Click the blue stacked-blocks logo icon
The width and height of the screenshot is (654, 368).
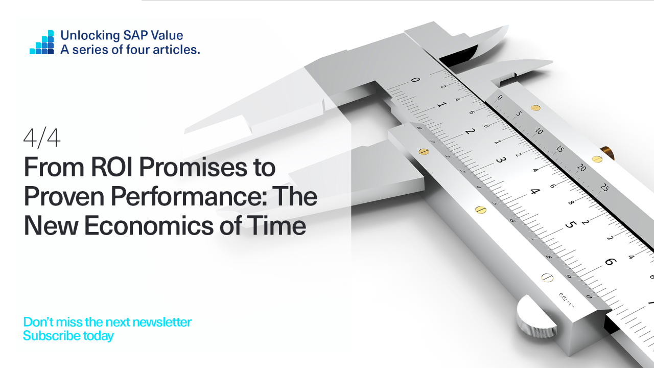tap(42, 42)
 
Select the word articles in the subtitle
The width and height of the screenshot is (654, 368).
tap(177, 50)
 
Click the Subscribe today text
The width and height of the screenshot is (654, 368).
tap(68, 336)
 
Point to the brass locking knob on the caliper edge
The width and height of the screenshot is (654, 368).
tap(608, 152)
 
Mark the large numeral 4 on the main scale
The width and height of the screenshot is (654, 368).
tap(535, 192)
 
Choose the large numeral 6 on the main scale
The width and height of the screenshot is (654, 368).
tap(610, 262)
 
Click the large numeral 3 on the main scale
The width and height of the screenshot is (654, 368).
tap(501, 160)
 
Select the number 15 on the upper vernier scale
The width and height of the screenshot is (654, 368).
tap(560, 149)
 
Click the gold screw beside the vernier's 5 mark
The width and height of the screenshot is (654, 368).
tap(535, 108)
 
